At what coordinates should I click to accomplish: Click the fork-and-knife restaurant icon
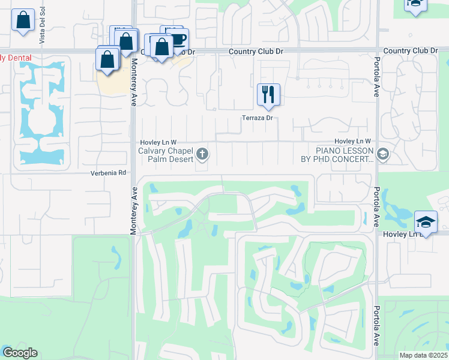pyautogui.click(x=268, y=94)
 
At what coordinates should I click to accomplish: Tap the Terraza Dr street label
pyautogui.click(x=258, y=118)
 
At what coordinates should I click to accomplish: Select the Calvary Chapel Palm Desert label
pyautogui.click(x=166, y=155)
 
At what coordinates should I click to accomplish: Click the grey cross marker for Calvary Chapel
pyautogui.click(x=203, y=155)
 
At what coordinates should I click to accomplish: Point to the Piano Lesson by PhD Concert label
pyautogui.click(x=337, y=155)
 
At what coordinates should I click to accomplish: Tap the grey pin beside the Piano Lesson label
pyautogui.click(x=383, y=155)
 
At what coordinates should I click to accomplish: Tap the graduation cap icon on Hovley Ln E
pyautogui.click(x=426, y=221)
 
